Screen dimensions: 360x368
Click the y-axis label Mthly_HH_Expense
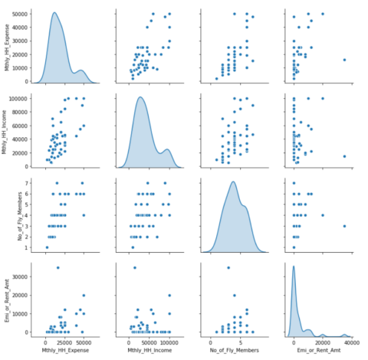click(8, 45)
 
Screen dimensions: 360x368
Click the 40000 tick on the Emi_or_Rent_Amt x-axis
click(351, 343)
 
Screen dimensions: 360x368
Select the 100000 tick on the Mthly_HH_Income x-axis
click(168, 343)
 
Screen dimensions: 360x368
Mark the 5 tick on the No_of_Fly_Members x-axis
click(242, 343)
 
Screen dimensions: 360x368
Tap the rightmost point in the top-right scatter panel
click(344, 60)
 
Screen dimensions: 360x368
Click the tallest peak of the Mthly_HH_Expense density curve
click(54, 13)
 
